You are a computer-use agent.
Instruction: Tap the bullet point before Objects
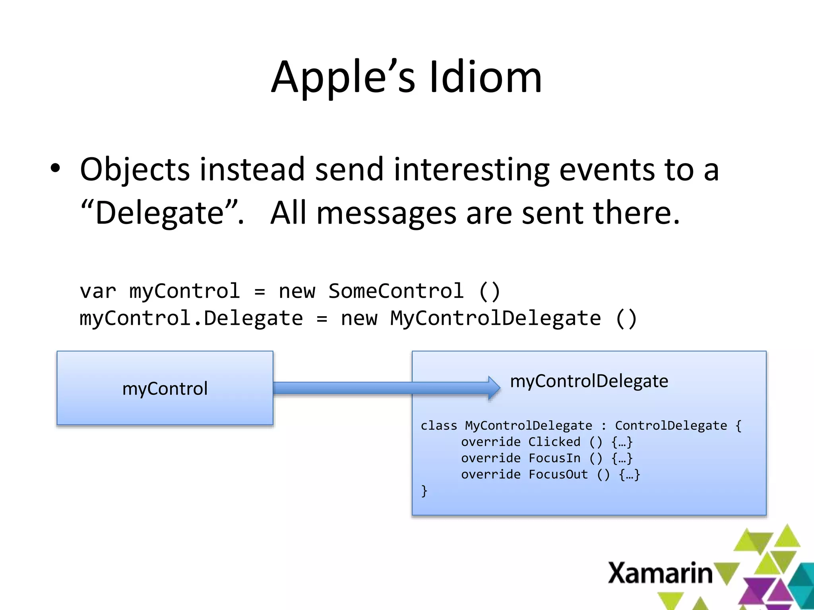pos(55,168)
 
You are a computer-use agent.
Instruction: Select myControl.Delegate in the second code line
pos(191,319)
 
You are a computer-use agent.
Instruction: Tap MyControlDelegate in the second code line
pos(495,319)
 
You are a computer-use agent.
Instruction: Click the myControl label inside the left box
pos(165,388)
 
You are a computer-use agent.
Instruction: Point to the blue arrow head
pos(494,388)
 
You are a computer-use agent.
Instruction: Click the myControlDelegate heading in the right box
pos(589,381)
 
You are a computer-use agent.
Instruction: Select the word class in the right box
pos(439,426)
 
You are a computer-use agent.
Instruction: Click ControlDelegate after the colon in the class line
pos(671,426)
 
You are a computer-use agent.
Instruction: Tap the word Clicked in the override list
pos(554,442)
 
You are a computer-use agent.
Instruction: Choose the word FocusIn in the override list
pos(554,458)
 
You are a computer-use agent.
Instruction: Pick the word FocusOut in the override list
pos(558,475)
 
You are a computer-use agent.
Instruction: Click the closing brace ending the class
pos(424,491)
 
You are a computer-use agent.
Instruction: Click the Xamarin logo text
pos(660,573)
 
